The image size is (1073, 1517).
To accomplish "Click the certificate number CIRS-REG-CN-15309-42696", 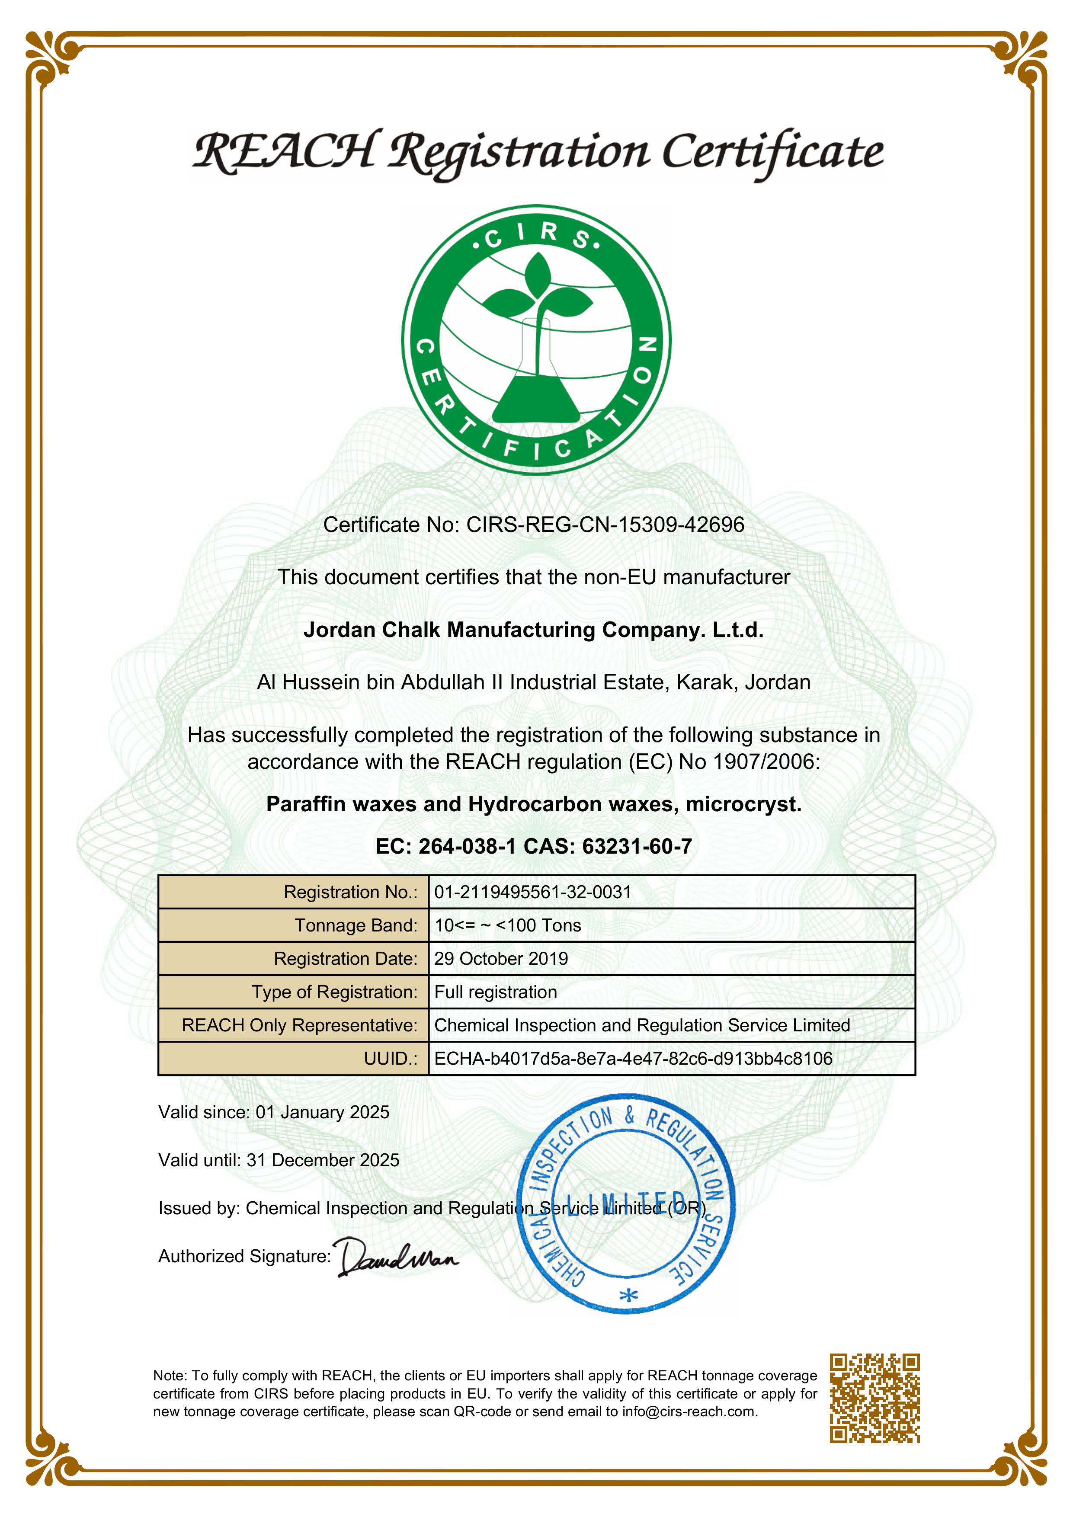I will pos(605,525).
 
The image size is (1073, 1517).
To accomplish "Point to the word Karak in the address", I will pos(703,682).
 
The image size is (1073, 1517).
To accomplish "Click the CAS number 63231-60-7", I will pos(637,846).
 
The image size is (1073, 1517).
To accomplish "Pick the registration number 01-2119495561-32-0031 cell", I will pos(532,892).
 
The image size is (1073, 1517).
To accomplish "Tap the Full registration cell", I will pos(496,992).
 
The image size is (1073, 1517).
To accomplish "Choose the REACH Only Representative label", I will pos(299,1025).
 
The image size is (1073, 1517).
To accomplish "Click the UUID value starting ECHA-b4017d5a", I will pos(633,1059).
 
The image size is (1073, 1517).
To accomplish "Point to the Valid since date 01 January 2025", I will pos(323,1112).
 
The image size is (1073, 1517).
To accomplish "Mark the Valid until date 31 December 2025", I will pos(323,1160).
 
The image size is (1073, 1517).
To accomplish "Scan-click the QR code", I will pos(875,1397).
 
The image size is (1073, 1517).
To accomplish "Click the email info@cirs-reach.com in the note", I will pos(689,1412).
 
